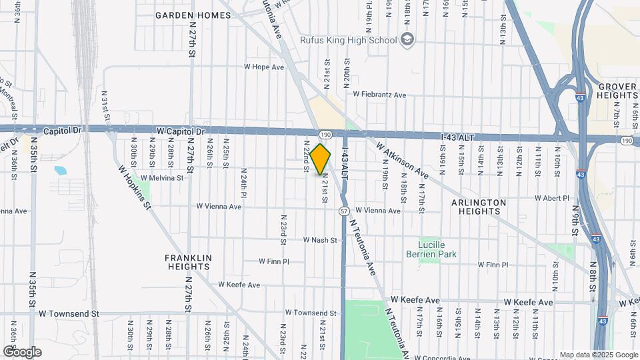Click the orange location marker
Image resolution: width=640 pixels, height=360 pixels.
(321, 159)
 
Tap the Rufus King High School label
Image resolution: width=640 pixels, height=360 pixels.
(359, 40)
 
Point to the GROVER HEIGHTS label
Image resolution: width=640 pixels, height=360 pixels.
(618, 91)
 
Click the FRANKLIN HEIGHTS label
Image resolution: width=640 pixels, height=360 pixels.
(189, 262)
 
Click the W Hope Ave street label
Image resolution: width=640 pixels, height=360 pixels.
(263, 67)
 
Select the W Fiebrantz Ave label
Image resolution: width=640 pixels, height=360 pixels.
(379, 95)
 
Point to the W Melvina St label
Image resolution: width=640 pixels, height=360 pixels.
(161, 178)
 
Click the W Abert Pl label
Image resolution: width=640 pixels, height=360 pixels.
(553, 198)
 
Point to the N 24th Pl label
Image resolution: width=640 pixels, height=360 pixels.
(244, 183)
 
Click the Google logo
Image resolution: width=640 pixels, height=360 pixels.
(22, 351)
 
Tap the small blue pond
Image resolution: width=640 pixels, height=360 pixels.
(61, 170)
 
